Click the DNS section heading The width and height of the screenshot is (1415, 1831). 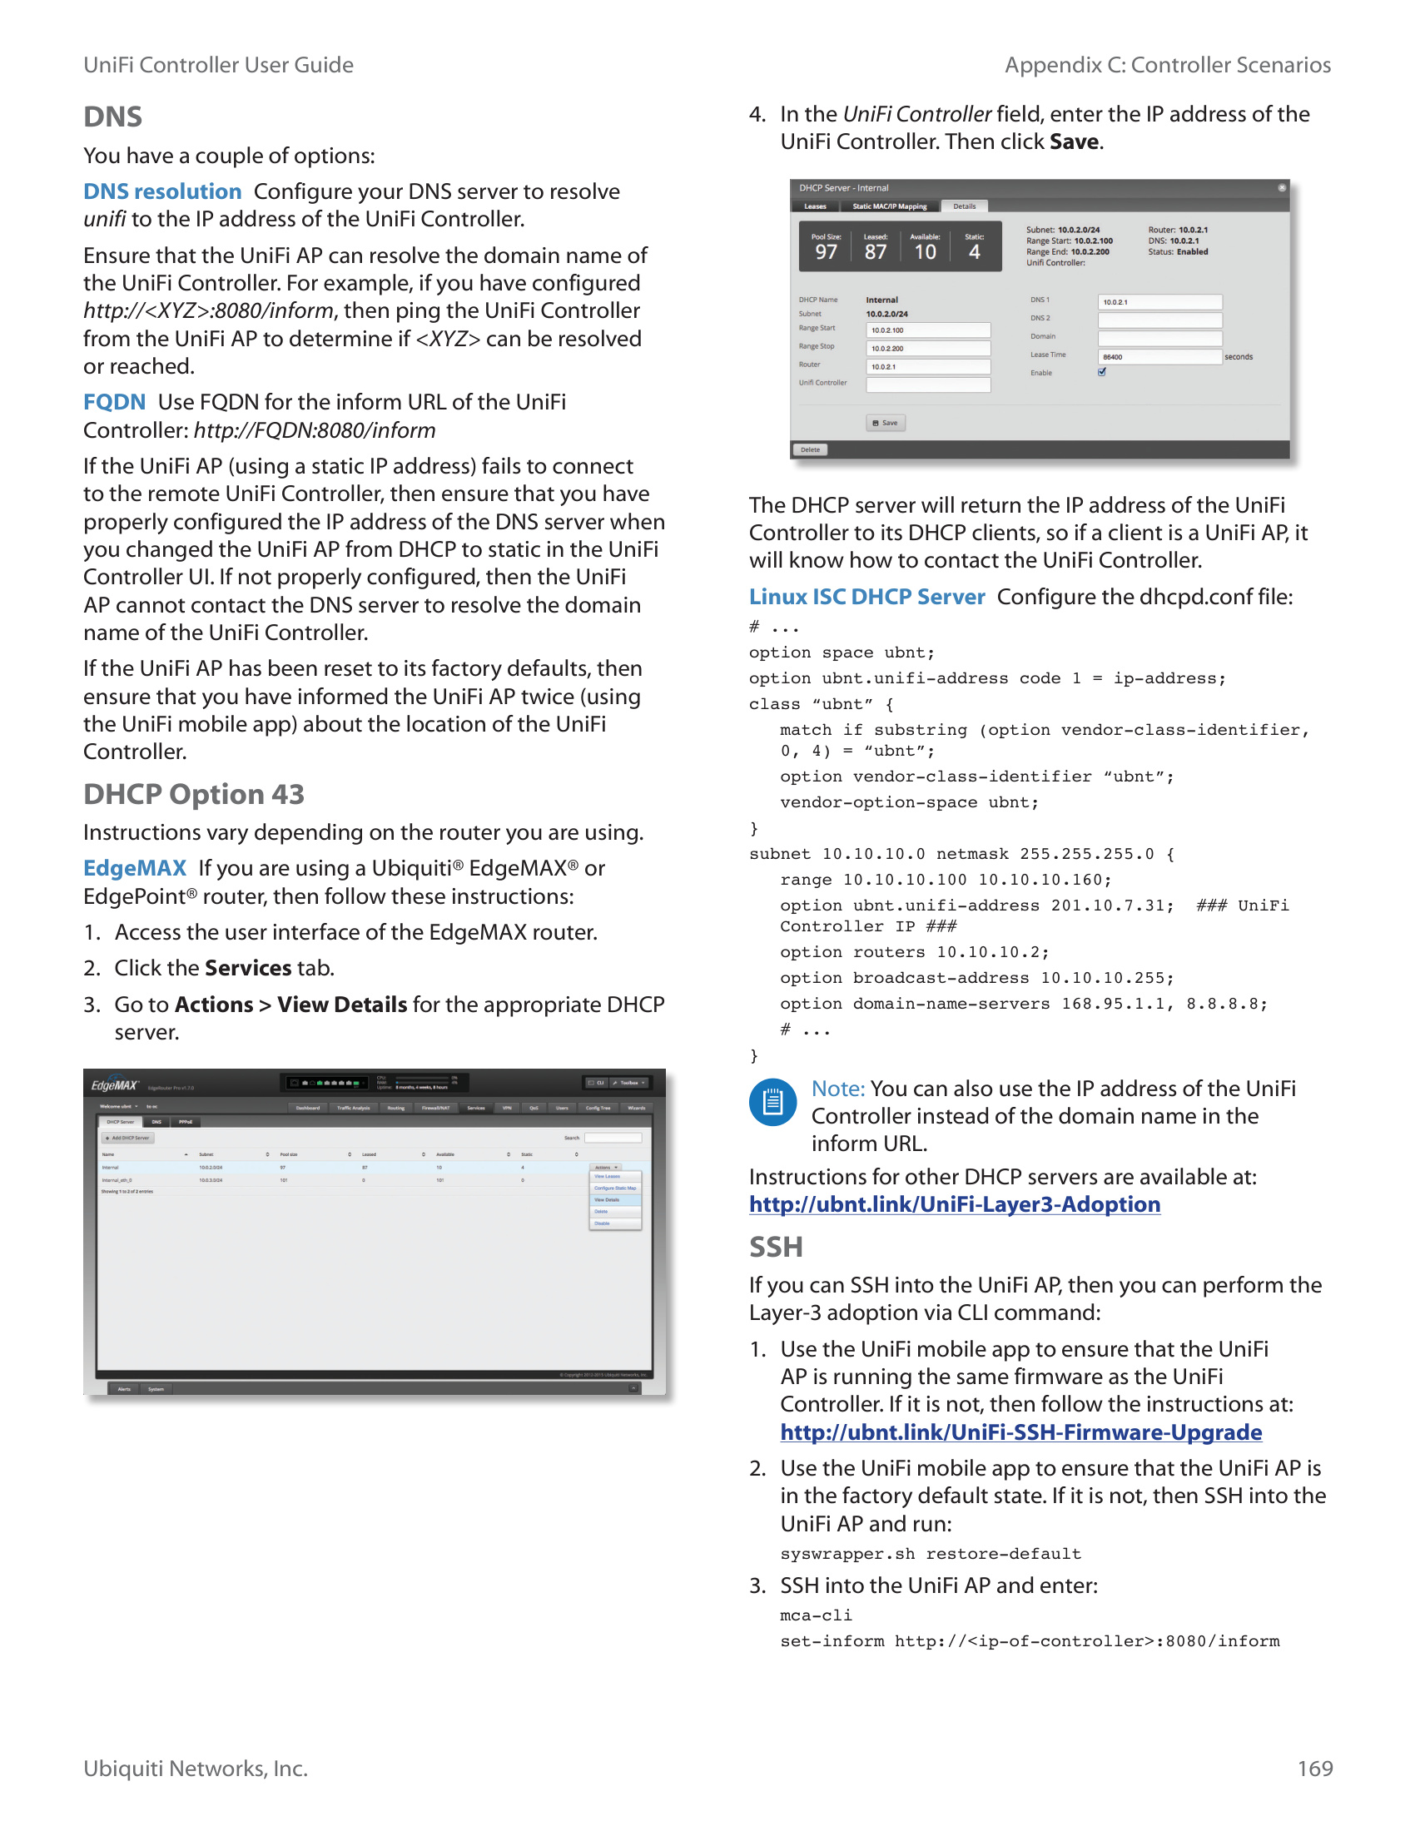tap(113, 117)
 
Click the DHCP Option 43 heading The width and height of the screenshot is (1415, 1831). tap(194, 794)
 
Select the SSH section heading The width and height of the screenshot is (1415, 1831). tap(776, 1247)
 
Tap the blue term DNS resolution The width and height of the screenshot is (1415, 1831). tap(162, 191)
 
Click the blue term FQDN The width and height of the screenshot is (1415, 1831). tap(114, 402)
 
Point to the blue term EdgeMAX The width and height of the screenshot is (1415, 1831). tap(135, 868)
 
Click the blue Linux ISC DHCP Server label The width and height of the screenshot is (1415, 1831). tap(866, 596)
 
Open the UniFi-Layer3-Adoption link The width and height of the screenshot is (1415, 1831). tap(955, 1204)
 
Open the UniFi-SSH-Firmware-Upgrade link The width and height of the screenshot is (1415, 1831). tap(1021, 1432)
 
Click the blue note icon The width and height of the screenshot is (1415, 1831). tap(773, 1103)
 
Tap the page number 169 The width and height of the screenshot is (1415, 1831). tap(1314, 1768)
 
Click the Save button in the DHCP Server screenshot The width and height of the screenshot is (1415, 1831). tap(886, 424)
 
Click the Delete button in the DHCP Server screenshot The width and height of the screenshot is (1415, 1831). tap(810, 450)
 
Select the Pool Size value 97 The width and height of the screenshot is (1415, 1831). tap(826, 252)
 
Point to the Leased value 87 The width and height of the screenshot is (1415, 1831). tap(875, 252)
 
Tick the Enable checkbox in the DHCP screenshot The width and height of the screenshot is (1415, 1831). tap(1102, 372)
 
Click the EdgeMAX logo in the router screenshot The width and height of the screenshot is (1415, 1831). tap(115, 1085)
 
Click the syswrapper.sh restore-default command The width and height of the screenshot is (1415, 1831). tap(931, 1554)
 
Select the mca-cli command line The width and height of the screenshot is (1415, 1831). tap(816, 1615)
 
